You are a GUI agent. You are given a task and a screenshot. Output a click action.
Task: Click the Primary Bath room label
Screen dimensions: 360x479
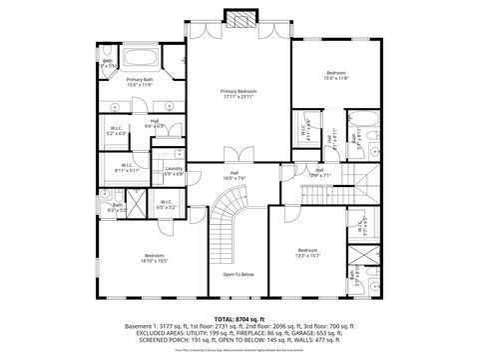point(140,82)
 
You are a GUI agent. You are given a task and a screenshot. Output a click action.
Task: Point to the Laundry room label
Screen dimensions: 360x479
point(174,171)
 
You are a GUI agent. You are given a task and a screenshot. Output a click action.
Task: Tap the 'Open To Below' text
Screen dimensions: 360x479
point(238,274)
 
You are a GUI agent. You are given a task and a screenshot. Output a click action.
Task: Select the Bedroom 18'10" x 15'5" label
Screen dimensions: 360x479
point(154,258)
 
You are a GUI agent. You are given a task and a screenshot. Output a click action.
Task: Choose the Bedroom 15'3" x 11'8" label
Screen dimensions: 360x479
point(336,75)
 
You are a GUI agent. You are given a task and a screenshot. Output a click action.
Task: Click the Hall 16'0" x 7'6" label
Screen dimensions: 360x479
point(234,176)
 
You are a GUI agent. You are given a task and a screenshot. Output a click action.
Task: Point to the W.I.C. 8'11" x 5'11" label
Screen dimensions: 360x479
point(127,168)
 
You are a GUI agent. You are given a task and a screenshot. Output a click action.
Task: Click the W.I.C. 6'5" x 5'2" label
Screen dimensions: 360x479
point(165,206)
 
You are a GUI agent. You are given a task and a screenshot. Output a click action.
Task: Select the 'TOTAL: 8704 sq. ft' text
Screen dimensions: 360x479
point(239,318)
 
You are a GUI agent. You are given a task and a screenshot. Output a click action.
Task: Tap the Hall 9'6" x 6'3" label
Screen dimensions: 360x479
point(155,124)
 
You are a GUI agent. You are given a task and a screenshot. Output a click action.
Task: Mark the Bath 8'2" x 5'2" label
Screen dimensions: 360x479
point(117,208)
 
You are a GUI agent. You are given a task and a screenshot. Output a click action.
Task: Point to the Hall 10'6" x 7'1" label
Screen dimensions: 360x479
point(319,172)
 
